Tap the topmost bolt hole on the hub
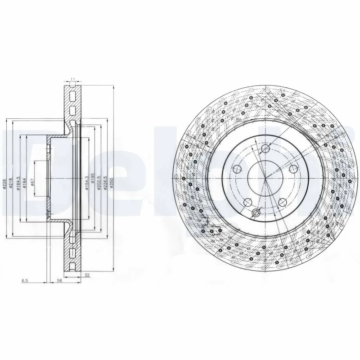[265, 148]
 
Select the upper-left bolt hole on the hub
[238, 169]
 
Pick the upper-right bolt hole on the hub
[293, 169]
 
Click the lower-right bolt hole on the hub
[283, 202]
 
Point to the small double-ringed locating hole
[256, 212]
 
